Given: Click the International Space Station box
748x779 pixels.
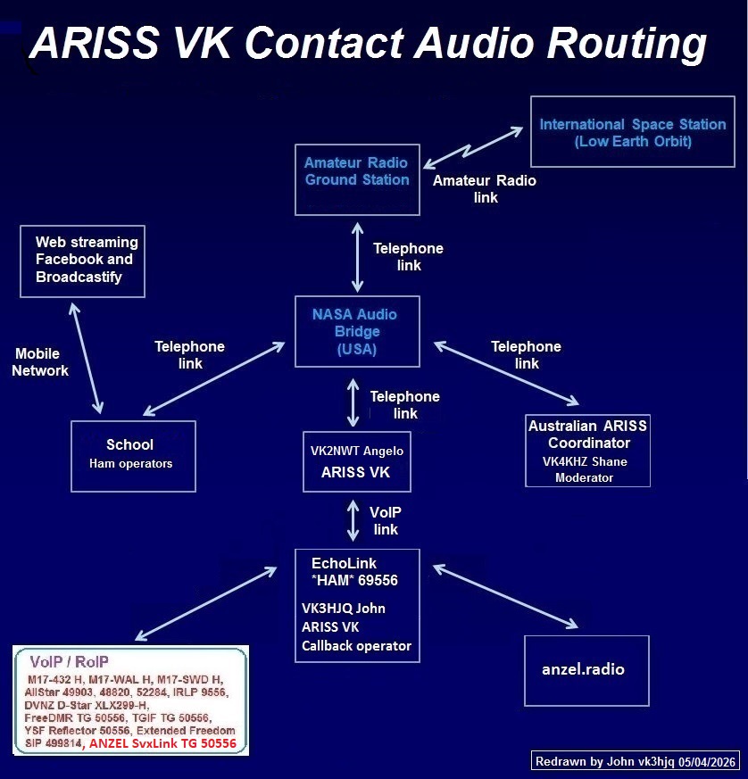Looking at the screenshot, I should pyautogui.click(x=632, y=131).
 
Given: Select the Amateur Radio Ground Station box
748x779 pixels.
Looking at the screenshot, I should pyautogui.click(x=357, y=178).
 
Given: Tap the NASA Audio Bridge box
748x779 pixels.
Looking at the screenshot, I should pyautogui.click(x=357, y=331).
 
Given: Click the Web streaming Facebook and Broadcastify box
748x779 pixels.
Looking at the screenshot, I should pyautogui.click(x=82, y=261).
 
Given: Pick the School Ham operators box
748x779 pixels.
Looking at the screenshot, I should pyautogui.click(x=132, y=455).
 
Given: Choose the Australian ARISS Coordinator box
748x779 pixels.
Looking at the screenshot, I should pyautogui.click(x=587, y=450).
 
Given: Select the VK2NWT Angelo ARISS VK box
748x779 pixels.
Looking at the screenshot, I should pyautogui.click(x=356, y=461).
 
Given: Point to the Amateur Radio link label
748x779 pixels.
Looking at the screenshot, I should pyautogui.click(x=485, y=188).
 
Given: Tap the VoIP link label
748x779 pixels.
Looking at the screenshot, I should pyautogui.click(x=386, y=520).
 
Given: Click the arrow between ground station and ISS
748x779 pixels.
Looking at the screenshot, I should pyautogui.click(x=473, y=147).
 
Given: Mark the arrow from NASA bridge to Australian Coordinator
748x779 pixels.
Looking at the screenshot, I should pyautogui.click(x=505, y=375).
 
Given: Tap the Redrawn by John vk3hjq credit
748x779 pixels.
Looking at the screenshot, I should pyautogui.click(x=635, y=761).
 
